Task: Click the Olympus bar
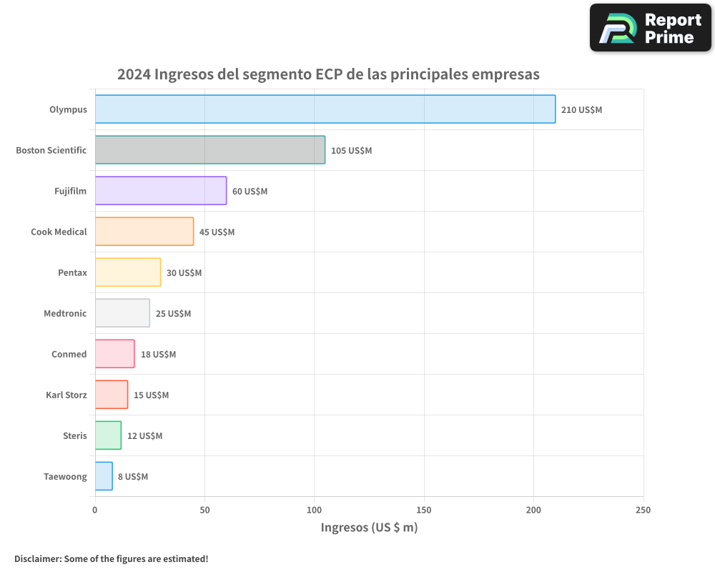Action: (325, 109)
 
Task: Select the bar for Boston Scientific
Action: (210, 150)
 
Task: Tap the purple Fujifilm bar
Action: (161, 191)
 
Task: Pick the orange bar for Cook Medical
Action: (144, 232)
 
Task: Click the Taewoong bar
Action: (104, 476)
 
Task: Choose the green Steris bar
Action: (108, 435)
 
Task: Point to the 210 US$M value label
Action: (581, 110)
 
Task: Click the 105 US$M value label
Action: (351, 151)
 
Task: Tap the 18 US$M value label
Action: (158, 355)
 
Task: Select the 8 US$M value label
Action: (133, 477)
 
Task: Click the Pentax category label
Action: (72, 272)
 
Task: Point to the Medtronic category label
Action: (65, 313)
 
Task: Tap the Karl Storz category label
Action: (66, 395)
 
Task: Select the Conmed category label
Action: (69, 354)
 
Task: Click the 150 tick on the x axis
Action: (424, 510)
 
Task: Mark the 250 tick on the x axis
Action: (643, 510)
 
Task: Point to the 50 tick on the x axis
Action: (204, 510)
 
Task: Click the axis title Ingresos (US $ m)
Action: (369, 528)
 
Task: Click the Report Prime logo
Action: (650, 28)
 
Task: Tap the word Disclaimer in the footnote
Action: (36, 558)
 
